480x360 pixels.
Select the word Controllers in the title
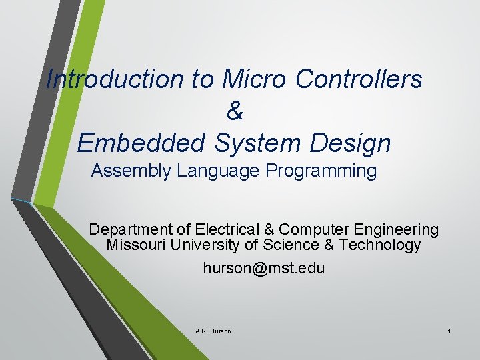359,79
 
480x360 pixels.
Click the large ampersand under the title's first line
235,111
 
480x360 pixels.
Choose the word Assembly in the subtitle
131,171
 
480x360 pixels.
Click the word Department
131,230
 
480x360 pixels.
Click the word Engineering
398,230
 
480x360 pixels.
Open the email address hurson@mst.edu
264,269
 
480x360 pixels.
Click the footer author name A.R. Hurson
213,331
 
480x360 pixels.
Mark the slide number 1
450,331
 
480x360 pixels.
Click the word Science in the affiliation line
291,245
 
